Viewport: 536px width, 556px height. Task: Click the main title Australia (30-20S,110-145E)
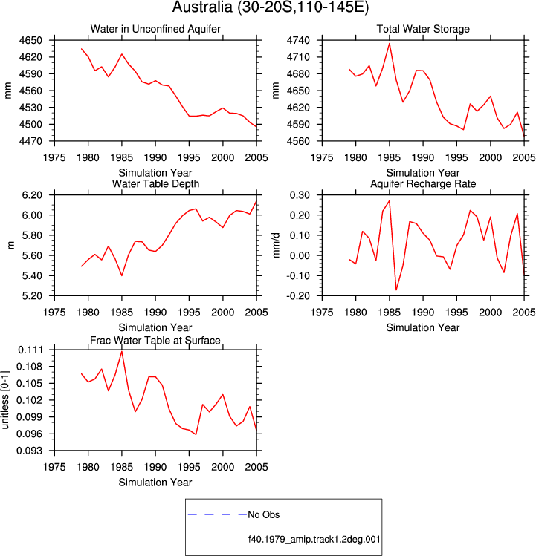point(271,7)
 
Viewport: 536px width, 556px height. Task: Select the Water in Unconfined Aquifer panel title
point(155,29)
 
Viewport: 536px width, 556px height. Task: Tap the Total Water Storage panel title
point(423,29)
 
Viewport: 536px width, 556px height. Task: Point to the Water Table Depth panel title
point(155,183)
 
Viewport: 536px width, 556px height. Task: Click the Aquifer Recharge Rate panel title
point(423,183)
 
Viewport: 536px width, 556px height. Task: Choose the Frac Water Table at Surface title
point(155,341)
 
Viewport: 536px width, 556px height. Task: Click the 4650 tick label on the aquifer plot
point(30,40)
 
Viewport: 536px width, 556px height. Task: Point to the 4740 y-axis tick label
point(298,40)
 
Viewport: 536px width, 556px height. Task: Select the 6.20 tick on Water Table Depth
point(32,195)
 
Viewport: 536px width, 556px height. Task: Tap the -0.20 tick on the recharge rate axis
point(299,295)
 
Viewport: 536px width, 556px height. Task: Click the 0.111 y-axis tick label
point(30,350)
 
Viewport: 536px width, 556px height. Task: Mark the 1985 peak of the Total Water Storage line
point(390,44)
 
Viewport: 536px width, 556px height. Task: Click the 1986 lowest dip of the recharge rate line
point(396,290)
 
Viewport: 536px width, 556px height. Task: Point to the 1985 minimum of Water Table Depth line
point(122,275)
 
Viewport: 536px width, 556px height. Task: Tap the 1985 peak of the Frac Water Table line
point(122,351)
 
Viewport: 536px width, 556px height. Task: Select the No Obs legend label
point(264,514)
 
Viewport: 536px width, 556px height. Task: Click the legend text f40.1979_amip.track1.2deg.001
point(314,540)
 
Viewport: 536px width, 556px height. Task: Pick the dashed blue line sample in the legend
point(217,514)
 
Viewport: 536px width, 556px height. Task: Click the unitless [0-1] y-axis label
point(5,400)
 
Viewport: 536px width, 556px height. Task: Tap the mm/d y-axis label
point(277,246)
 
